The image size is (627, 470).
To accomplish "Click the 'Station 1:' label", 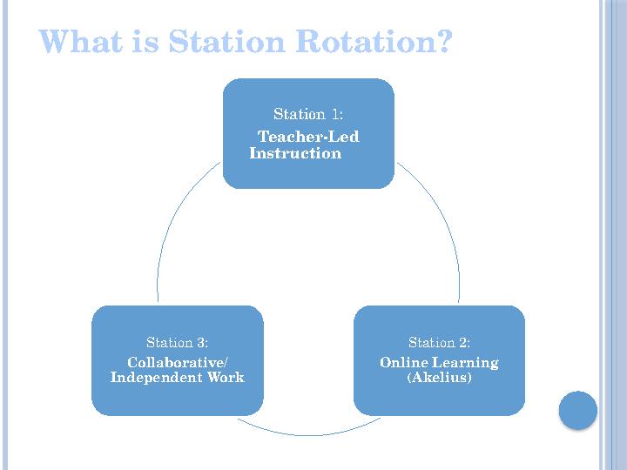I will coord(308,114).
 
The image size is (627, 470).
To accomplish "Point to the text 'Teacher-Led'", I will coord(309,137).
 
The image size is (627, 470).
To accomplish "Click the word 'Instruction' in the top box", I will coord(295,153).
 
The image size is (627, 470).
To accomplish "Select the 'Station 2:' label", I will coord(440,342).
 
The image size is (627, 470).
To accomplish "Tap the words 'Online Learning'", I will coord(439,362).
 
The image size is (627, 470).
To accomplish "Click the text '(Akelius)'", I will coord(439,378).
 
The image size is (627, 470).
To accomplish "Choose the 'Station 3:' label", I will coord(177,342).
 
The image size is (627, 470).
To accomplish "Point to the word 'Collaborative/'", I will coord(178,362).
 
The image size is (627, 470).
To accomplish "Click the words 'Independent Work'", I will coord(178,378).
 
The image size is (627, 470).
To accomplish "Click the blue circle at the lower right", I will coord(577,410).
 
